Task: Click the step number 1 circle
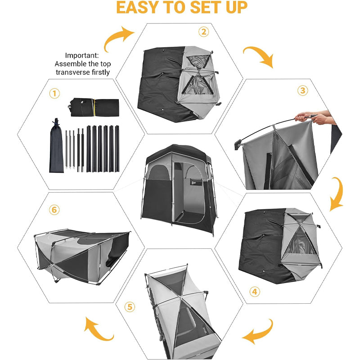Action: pyautogui.click(x=54, y=94)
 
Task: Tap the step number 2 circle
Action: pyautogui.click(x=204, y=31)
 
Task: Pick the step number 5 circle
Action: pyautogui.click(x=130, y=307)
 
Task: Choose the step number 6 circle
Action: pyautogui.click(x=55, y=210)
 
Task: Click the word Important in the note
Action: pyautogui.click(x=82, y=55)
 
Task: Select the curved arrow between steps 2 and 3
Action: pyautogui.click(x=259, y=56)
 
